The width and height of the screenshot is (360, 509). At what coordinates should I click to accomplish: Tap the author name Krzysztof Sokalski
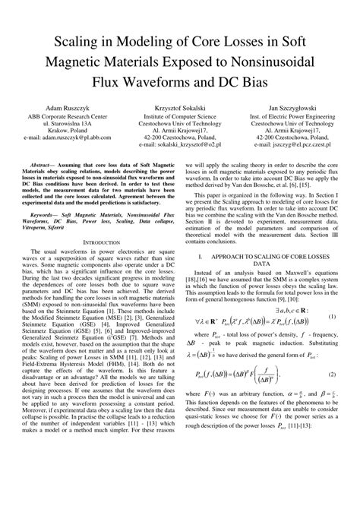[x=180, y=109]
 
